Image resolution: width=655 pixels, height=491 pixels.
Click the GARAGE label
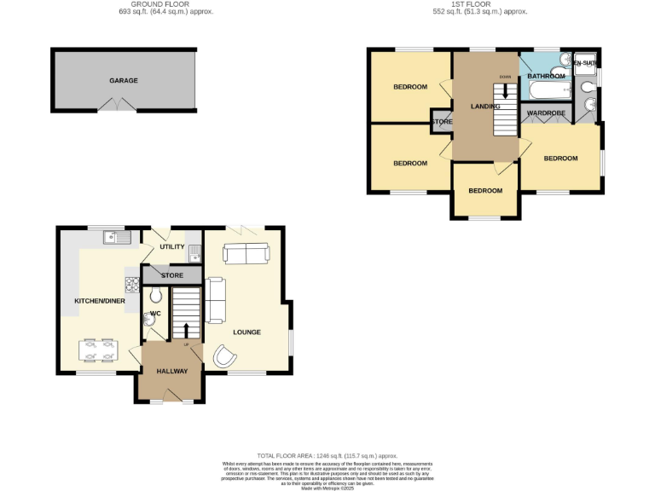click(x=124, y=81)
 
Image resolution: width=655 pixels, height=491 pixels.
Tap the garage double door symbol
click(x=117, y=104)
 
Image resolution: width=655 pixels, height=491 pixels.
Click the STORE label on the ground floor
click(x=172, y=275)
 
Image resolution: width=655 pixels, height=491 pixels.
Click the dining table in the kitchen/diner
click(x=97, y=350)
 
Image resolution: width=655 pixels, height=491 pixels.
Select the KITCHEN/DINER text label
click(x=100, y=302)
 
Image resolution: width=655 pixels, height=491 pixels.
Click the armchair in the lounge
click(x=224, y=356)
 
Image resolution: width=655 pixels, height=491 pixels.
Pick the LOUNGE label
click(x=246, y=332)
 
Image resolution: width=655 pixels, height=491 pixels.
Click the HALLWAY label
click(x=171, y=371)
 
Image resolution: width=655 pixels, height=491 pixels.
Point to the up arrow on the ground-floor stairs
click(x=187, y=329)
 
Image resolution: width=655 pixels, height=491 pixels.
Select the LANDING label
click(x=484, y=106)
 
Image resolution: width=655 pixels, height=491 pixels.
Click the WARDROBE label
click(x=542, y=113)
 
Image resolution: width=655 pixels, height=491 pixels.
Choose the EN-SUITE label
click(x=585, y=63)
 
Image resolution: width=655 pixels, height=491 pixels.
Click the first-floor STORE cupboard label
click(x=442, y=122)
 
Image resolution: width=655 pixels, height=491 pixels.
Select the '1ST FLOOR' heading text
click(x=481, y=4)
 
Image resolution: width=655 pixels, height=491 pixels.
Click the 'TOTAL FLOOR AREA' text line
click(x=327, y=456)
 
